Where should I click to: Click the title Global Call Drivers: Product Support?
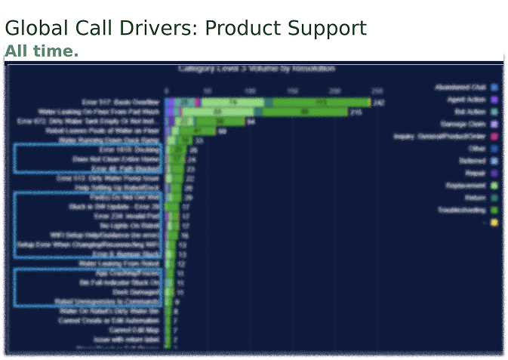click(x=186, y=29)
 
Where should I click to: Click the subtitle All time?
click(x=42, y=51)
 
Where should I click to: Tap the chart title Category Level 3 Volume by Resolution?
click(x=257, y=69)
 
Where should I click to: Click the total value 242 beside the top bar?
click(x=379, y=102)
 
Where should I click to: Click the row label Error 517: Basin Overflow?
click(x=121, y=101)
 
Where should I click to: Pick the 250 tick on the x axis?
click(x=368, y=91)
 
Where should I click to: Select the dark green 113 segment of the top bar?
click(x=321, y=102)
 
